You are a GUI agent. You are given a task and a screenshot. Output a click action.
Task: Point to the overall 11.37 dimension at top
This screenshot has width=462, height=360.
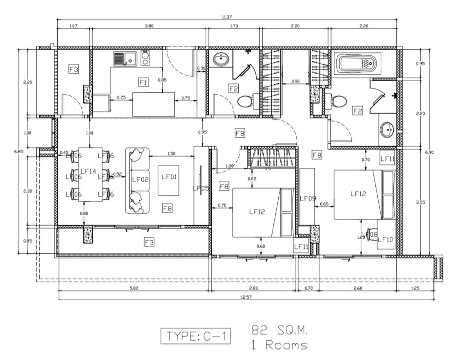pos(227,17)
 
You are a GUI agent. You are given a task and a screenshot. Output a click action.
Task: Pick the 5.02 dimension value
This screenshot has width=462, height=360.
pos(133,288)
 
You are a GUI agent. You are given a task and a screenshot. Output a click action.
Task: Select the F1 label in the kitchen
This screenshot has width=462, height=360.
pos(143,82)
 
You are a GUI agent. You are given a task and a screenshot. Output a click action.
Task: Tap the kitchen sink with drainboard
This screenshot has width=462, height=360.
pos(125,59)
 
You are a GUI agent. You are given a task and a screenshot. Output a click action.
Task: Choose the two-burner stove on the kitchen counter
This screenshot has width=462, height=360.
pos(145,59)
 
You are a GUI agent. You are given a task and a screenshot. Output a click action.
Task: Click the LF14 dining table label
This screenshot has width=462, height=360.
pos(88,171)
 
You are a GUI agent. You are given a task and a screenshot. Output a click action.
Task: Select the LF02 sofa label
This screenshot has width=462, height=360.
pos(140,179)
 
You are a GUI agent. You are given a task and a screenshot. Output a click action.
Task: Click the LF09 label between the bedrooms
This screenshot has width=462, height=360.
pos(308,198)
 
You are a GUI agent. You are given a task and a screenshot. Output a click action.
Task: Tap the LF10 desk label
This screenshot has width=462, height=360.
pos(385,239)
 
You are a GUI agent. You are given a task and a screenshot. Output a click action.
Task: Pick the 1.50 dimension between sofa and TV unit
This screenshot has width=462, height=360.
pos(171,154)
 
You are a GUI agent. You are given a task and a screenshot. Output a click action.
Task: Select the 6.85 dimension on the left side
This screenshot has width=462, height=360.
pos(18,151)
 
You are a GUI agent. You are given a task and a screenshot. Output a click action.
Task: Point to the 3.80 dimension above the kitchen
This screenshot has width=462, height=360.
pos(149,26)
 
